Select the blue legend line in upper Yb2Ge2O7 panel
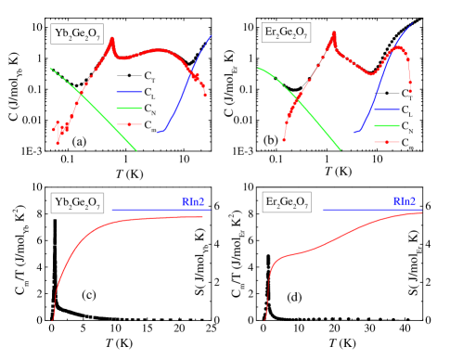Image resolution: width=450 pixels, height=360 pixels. coord(129,92)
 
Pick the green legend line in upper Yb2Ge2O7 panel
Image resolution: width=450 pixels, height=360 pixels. coord(129,108)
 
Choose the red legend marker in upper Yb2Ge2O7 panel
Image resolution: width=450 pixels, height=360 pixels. coord(129,124)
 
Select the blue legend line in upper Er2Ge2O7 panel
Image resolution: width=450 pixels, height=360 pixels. coord(387,109)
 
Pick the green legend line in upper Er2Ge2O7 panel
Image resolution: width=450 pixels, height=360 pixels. coord(387,125)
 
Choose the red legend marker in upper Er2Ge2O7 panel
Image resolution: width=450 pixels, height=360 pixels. coord(387,142)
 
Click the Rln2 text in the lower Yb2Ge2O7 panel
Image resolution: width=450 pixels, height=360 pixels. coord(193,201)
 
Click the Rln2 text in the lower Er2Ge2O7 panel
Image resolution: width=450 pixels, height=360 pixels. coord(404,201)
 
